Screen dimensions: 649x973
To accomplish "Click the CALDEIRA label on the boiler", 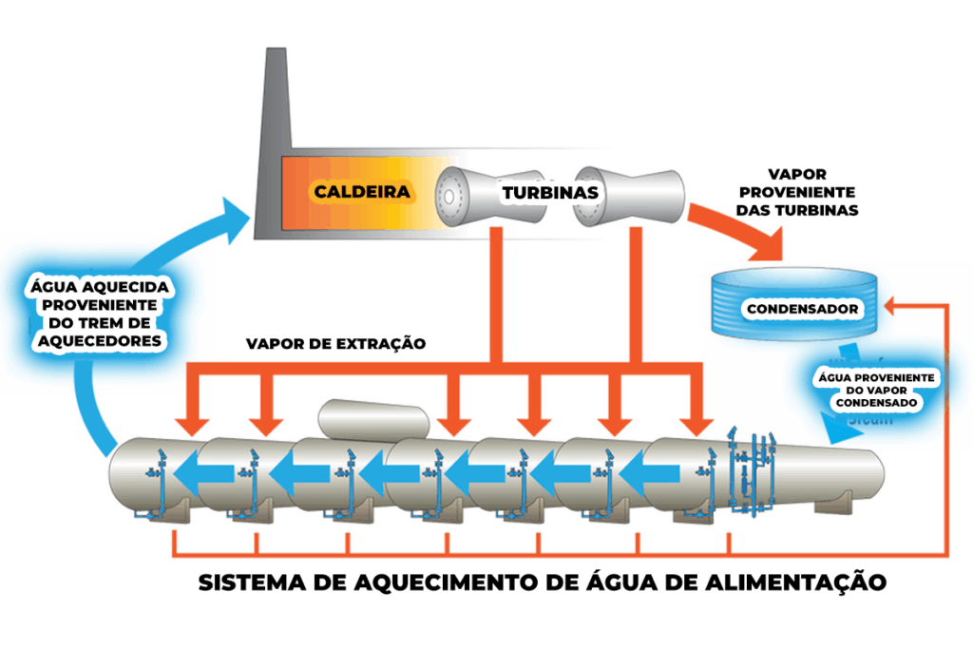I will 363,192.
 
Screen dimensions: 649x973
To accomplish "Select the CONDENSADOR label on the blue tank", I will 803,309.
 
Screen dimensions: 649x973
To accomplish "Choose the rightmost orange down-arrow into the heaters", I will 700,418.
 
